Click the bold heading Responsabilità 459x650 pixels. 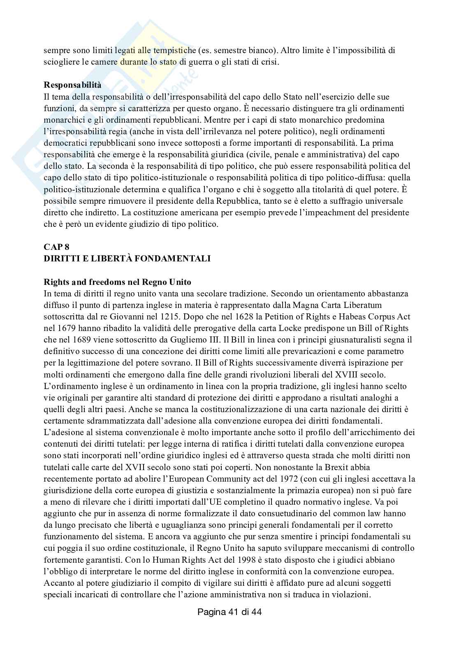(72, 85)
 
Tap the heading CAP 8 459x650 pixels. (56, 247)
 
